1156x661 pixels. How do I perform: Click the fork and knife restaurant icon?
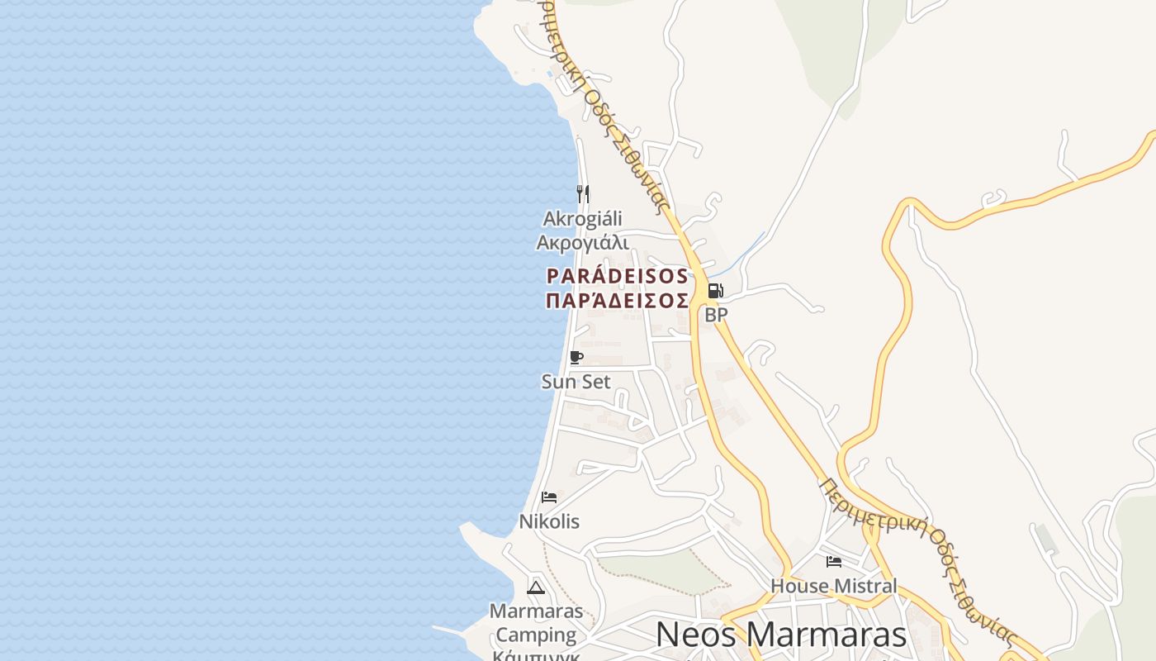tap(583, 194)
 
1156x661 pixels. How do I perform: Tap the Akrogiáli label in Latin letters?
tap(582, 219)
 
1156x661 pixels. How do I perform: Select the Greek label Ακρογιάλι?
tap(582, 242)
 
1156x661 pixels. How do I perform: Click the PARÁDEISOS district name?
tap(617, 276)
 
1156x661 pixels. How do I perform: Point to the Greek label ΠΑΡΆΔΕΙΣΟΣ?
tap(617, 300)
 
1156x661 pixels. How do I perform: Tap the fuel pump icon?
tap(715, 291)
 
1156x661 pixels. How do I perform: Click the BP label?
tap(716, 315)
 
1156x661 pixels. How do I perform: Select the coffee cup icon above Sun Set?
tap(576, 358)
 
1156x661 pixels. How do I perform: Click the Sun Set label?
tap(576, 382)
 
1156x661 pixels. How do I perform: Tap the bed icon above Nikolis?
tap(549, 497)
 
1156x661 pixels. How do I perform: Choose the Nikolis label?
tap(549, 521)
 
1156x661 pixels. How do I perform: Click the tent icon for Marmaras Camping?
tap(536, 587)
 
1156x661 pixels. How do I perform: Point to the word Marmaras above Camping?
tap(536, 611)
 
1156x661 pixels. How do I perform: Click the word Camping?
tap(536, 635)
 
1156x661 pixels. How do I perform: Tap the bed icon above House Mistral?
tap(834, 562)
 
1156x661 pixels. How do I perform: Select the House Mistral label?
tap(833, 586)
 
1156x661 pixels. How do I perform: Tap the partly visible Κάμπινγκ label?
tap(536, 655)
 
